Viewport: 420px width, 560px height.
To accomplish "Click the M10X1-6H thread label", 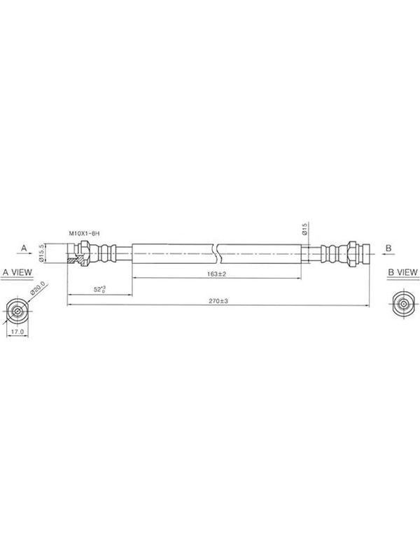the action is [84, 234].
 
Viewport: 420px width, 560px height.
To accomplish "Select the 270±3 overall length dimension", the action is [218, 301].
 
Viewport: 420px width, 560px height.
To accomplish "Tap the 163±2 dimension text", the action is [217, 274].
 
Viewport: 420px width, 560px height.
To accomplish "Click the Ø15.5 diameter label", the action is [41, 253].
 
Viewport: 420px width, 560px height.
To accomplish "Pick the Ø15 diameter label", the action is [304, 229].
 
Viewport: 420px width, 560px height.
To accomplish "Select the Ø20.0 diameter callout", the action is [38, 288].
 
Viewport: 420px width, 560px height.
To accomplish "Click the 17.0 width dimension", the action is [17, 332].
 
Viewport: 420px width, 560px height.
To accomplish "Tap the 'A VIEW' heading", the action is [17, 272].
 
